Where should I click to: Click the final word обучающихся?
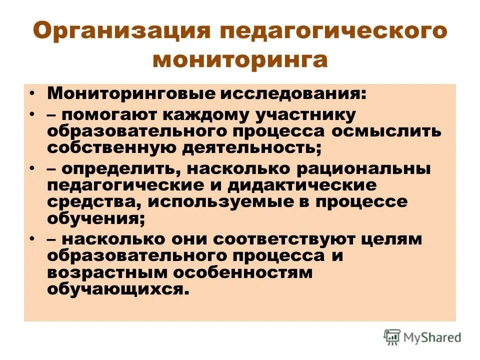[118, 289]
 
